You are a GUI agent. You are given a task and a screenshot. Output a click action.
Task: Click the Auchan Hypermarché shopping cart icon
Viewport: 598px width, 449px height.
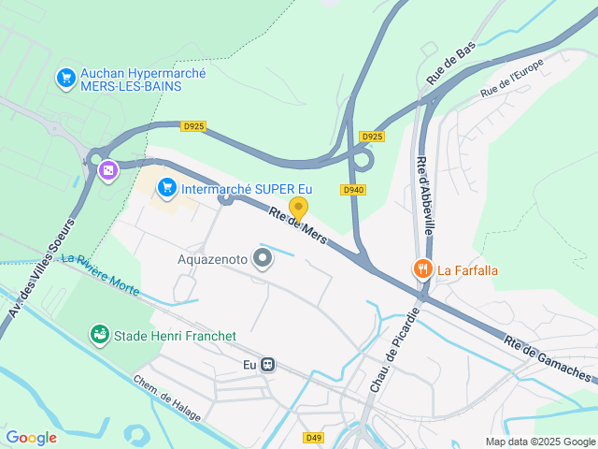tap(65, 78)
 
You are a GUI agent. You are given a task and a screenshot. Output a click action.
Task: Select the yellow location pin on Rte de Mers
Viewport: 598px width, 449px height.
tap(298, 209)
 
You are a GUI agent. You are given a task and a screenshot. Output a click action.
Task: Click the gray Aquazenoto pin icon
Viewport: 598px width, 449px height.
tap(263, 258)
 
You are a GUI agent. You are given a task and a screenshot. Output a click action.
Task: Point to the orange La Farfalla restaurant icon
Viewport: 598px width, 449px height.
tap(423, 270)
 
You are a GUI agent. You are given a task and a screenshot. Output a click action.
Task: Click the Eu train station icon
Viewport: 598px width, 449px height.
tap(268, 365)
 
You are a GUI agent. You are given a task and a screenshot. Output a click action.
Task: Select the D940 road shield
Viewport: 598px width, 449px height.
tap(352, 190)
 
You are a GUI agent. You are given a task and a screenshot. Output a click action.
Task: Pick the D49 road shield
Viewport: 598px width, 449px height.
tap(313, 437)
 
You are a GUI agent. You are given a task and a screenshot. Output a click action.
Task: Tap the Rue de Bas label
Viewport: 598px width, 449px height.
tap(451, 64)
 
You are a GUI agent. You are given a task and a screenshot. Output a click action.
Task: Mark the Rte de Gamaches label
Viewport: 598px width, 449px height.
tap(548, 359)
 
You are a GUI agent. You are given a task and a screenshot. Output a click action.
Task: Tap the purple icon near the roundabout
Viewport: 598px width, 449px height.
tap(108, 170)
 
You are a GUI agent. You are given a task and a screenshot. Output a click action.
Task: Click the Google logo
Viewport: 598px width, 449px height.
tap(31, 437)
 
